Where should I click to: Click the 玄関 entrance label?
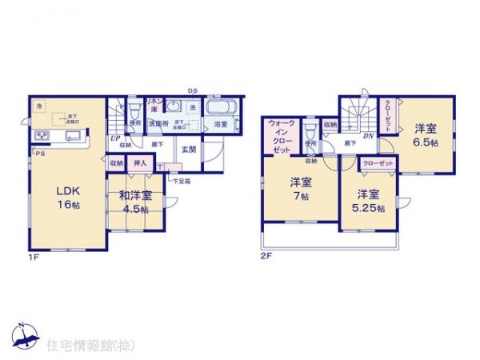pos(189,149)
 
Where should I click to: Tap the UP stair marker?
pos(115,137)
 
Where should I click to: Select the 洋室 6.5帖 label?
pos(425,134)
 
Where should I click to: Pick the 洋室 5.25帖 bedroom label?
pos(368,201)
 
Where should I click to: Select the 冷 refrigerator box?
pos(38,105)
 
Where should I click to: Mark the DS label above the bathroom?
pos(193,91)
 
